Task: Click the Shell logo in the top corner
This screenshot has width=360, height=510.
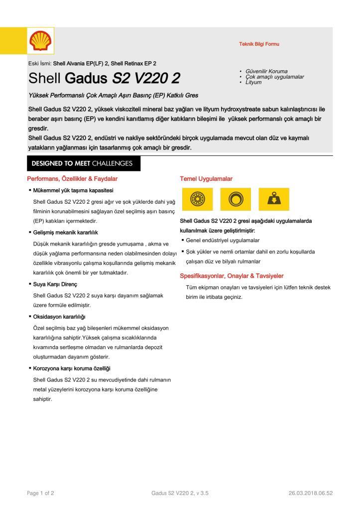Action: pyautogui.click(x=40, y=40)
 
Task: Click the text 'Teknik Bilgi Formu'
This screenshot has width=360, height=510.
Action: pyautogui.click(x=259, y=44)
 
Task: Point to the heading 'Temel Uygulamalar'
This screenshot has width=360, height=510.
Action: pyautogui.click(x=206, y=179)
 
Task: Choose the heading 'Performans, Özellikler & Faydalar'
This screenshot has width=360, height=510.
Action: pyautogui.click(x=72, y=179)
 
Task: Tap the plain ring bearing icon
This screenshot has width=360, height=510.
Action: pyautogui.click(x=234, y=200)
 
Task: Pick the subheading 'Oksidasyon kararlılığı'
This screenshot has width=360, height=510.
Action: pyautogui.click(x=59, y=317)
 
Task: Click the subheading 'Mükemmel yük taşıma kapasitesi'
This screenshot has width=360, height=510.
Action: pyautogui.click(x=73, y=191)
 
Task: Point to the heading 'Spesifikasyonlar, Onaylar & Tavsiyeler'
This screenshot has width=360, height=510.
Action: pyautogui.click(x=232, y=276)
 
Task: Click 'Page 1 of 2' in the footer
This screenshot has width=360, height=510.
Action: pyautogui.click(x=40, y=493)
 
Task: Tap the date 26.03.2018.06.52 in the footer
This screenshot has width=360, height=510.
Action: pyautogui.click(x=310, y=493)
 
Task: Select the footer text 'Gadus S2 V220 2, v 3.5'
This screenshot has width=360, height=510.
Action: pyautogui.click(x=180, y=493)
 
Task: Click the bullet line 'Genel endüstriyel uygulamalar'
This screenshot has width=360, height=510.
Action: pyautogui.click(x=223, y=241)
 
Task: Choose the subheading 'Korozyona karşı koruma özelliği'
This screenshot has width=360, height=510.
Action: pyautogui.click(x=72, y=369)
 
